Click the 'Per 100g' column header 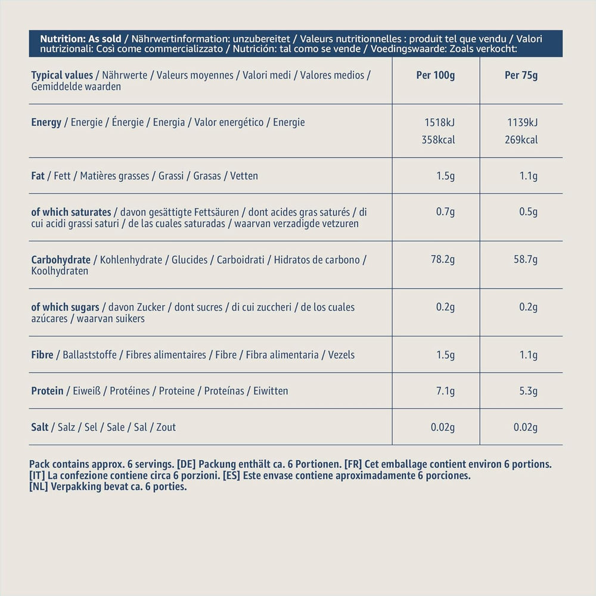436,76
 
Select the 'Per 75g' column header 521,76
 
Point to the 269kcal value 521,140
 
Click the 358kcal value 439,140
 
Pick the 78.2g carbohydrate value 443,260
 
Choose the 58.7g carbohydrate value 524,260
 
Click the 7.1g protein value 445,391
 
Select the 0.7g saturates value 445,212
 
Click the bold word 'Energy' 46,123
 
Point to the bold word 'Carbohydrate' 61,260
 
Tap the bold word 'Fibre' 42,355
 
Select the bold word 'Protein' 47,391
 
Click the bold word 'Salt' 40,427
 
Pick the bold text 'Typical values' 62,76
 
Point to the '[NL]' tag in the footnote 39,487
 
